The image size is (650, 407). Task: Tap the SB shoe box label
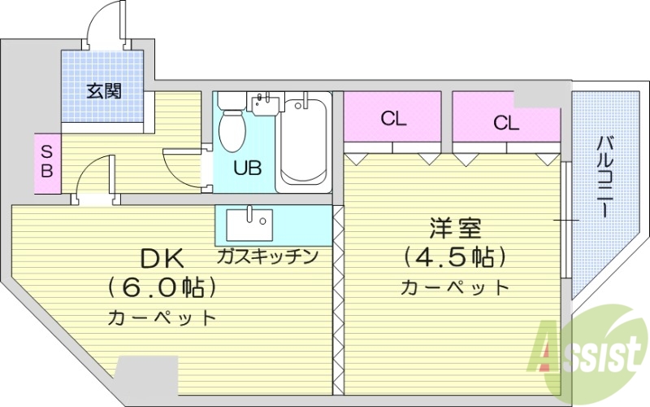click(46, 161)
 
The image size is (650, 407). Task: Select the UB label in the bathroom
click(247, 169)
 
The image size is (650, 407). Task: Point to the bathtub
click(304, 143)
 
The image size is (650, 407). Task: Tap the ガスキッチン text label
click(266, 256)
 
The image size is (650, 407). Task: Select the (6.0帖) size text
click(162, 287)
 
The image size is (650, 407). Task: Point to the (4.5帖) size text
click(455, 258)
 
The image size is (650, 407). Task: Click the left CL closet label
click(393, 119)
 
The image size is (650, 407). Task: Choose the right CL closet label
click(505, 124)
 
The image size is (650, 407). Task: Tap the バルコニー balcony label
click(604, 176)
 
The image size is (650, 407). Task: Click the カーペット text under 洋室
click(455, 287)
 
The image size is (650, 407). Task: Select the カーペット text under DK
click(162, 317)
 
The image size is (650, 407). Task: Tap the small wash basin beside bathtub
click(262, 103)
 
